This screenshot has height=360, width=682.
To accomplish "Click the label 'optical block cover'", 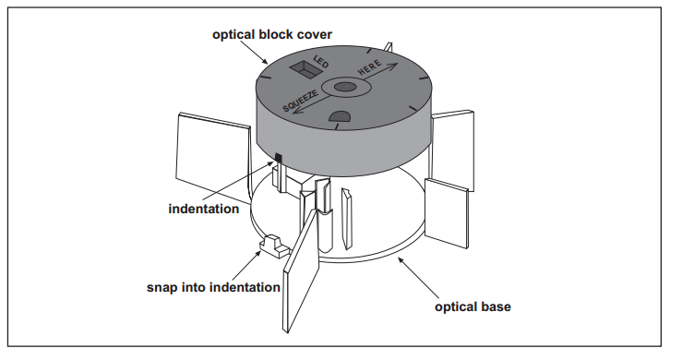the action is [x=272, y=35].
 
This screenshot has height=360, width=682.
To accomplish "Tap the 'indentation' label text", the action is [x=204, y=209].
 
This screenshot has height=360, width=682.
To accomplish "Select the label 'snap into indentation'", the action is [x=213, y=287].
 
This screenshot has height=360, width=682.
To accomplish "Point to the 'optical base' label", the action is [x=473, y=306].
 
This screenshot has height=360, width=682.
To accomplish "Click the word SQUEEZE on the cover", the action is [x=301, y=101].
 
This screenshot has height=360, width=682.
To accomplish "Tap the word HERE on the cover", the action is [x=370, y=67].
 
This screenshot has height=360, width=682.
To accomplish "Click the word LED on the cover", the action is [x=321, y=61].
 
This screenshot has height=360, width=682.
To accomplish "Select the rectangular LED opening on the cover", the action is [x=305, y=69].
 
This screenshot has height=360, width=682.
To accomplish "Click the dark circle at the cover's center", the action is [x=346, y=87].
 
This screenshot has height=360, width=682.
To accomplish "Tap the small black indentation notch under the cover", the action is [x=279, y=158].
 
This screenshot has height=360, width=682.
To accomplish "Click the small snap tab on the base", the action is [x=274, y=246].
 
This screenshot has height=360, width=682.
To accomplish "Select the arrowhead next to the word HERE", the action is [x=392, y=66].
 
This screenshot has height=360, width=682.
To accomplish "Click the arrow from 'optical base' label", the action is [x=419, y=278].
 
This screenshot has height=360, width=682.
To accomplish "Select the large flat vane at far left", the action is [x=214, y=158].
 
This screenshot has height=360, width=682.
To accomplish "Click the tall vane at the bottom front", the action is [x=301, y=270].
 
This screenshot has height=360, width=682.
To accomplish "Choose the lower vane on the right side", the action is [x=447, y=213].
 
